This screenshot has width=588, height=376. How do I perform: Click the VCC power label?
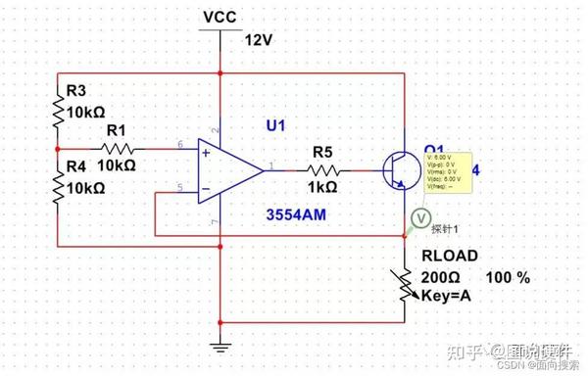point(220,18)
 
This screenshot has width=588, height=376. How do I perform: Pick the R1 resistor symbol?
point(117,149)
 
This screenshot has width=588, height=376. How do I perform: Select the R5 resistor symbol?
point(323,170)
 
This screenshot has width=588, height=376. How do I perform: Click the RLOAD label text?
point(449,257)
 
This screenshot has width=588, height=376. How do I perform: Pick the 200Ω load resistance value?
point(440,277)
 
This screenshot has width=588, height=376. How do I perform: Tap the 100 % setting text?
point(507,277)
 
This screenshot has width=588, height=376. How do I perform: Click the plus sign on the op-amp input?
point(206,153)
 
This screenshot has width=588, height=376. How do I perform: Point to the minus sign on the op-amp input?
point(206,187)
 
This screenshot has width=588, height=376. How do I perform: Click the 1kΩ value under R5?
point(323,187)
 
